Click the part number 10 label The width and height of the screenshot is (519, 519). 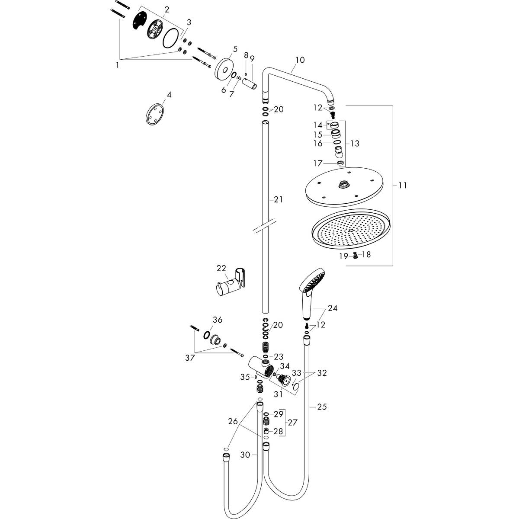pyautogui.click(x=300, y=60)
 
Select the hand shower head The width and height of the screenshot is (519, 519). pyautogui.click(x=312, y=284)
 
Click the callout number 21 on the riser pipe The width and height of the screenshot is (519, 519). pyautogui.click(x=278, y=199)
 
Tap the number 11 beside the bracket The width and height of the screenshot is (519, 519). pyautogui.click(x=403, y=186)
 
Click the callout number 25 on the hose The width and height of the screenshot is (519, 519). pyautogui.click(x=321, y=407)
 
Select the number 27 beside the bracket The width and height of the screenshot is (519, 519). pyautogui.click(x=293, y=422)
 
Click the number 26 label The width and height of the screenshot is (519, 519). pyautogui.click(x=233, y=421)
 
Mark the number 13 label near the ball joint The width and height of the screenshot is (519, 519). pyautogui.click(x=355, y=143)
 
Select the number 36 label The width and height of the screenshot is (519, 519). pyautogui.click(x=217, y=320)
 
